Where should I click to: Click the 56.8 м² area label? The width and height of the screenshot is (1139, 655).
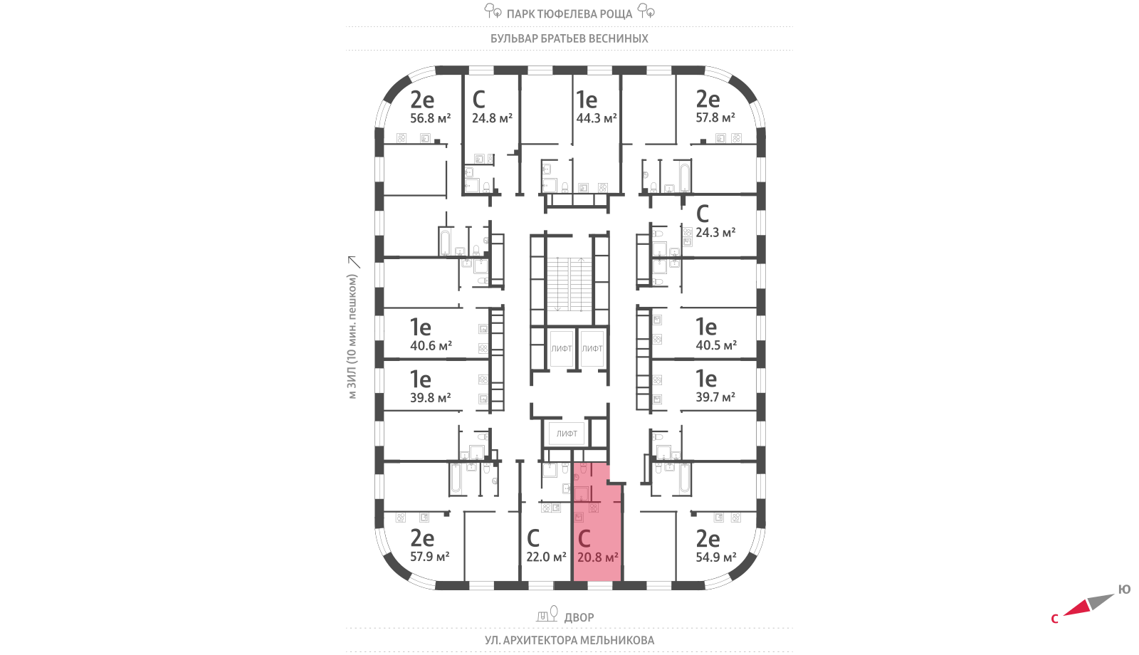[x=430, y=118]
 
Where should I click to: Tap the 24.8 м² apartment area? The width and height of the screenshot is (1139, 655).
[x=492, y=118]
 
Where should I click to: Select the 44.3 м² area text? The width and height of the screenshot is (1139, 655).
[x=596, y=118]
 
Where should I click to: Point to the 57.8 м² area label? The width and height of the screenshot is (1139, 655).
[x=715, y=117]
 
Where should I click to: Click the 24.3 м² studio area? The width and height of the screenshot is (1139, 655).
[x=715, y=233]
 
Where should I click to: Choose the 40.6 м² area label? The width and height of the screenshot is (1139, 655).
[x=431, y=346]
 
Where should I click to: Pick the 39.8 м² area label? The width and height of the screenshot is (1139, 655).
[x=430, y=398]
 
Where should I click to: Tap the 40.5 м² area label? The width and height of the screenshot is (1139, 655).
[x=716, y=345]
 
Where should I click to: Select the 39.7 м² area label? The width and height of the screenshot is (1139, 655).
[x=715, y=397]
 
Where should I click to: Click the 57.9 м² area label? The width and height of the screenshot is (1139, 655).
[x=430, y=557]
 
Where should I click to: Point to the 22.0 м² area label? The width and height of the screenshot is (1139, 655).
[x=546, y=557]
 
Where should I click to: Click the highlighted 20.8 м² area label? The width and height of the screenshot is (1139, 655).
[x=597, y=557]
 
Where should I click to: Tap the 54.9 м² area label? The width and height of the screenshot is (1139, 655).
[x=716, y=557]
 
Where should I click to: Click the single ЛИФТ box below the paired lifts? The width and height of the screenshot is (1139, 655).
[x=567, y=433]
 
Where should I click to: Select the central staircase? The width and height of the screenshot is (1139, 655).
[x=569, y=283]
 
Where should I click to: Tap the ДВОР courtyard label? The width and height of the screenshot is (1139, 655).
[x=579, y=617]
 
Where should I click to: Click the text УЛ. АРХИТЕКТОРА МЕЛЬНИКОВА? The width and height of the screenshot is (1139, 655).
[x=569, y=640]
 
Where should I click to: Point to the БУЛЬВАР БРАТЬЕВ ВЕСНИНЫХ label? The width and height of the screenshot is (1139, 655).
[x=569, y=38]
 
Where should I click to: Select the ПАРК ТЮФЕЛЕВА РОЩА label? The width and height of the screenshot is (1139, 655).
[x=569, y=14]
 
